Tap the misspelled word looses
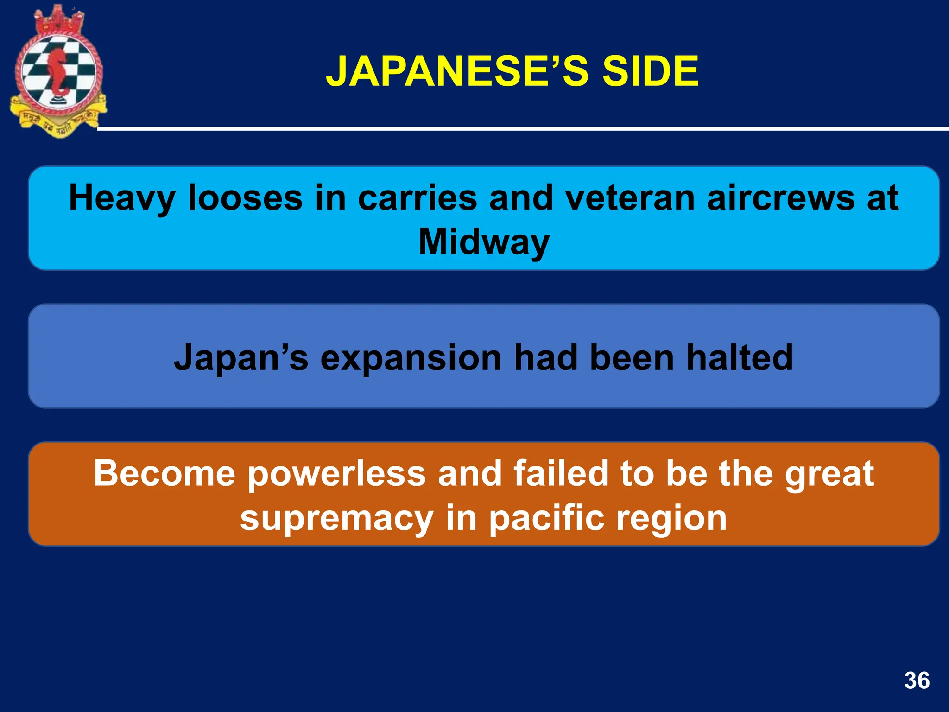click(245, 198)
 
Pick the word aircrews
click(780, 198)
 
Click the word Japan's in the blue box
click(240, 358)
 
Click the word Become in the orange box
click(164, 473)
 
